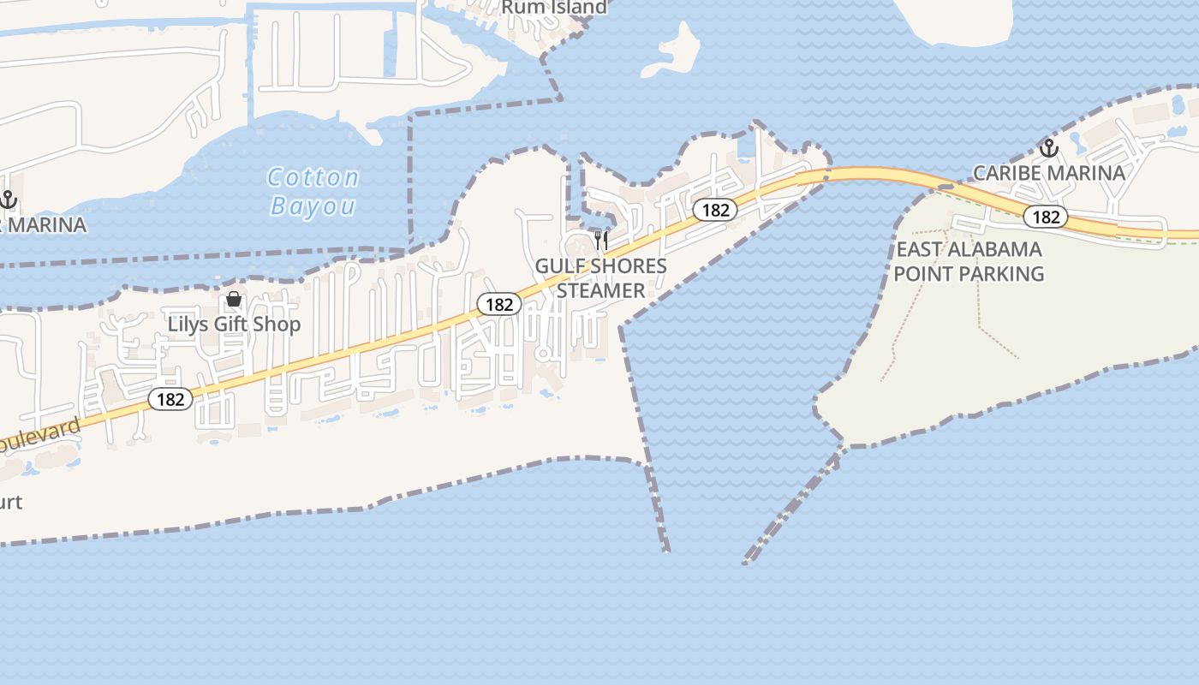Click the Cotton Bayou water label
coord(313,191)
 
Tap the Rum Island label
coord(553,7)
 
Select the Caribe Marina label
coord(1048,173)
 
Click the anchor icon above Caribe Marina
coord(1048,148)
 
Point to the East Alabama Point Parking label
coord(969,261)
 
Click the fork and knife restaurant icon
coord(601,240)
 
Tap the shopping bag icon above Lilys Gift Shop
coord(233,299)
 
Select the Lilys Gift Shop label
coord(234,324)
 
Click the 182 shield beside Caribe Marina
coord(1046,217)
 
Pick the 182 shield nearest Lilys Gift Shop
coord(170,399)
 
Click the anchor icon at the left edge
coord(8,200)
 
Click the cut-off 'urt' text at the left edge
coord(10,502)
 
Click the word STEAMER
coord(600,290)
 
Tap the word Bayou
coord(313,205)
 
